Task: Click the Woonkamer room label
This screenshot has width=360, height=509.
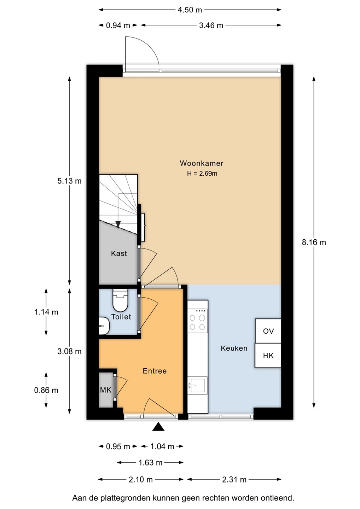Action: [201, 163]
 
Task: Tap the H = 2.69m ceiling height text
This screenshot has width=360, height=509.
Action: [202, 174]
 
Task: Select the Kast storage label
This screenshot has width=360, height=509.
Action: [119, 253]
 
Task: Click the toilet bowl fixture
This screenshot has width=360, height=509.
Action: [121, 300]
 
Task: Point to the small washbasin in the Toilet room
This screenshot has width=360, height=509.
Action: [104, 326]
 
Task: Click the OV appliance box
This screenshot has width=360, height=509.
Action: [268, 330]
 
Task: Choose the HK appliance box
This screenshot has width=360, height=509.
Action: [268, 355]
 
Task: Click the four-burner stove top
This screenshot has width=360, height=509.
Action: [197, 321]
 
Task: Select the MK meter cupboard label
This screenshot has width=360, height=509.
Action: [106, 390]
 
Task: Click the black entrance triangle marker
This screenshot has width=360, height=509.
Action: [158, 427]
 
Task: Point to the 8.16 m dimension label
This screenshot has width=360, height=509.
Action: [314, 242]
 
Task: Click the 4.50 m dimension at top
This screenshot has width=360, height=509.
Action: [190, 10]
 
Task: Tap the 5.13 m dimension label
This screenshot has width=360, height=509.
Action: [69, 181]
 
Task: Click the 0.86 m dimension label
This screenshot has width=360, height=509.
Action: [46, 390]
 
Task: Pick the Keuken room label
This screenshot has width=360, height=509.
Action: [234, 349]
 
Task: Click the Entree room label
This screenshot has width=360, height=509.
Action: [155, 371]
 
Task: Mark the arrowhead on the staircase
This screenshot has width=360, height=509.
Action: [118, 224]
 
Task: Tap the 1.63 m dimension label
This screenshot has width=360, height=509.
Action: [150, 463]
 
